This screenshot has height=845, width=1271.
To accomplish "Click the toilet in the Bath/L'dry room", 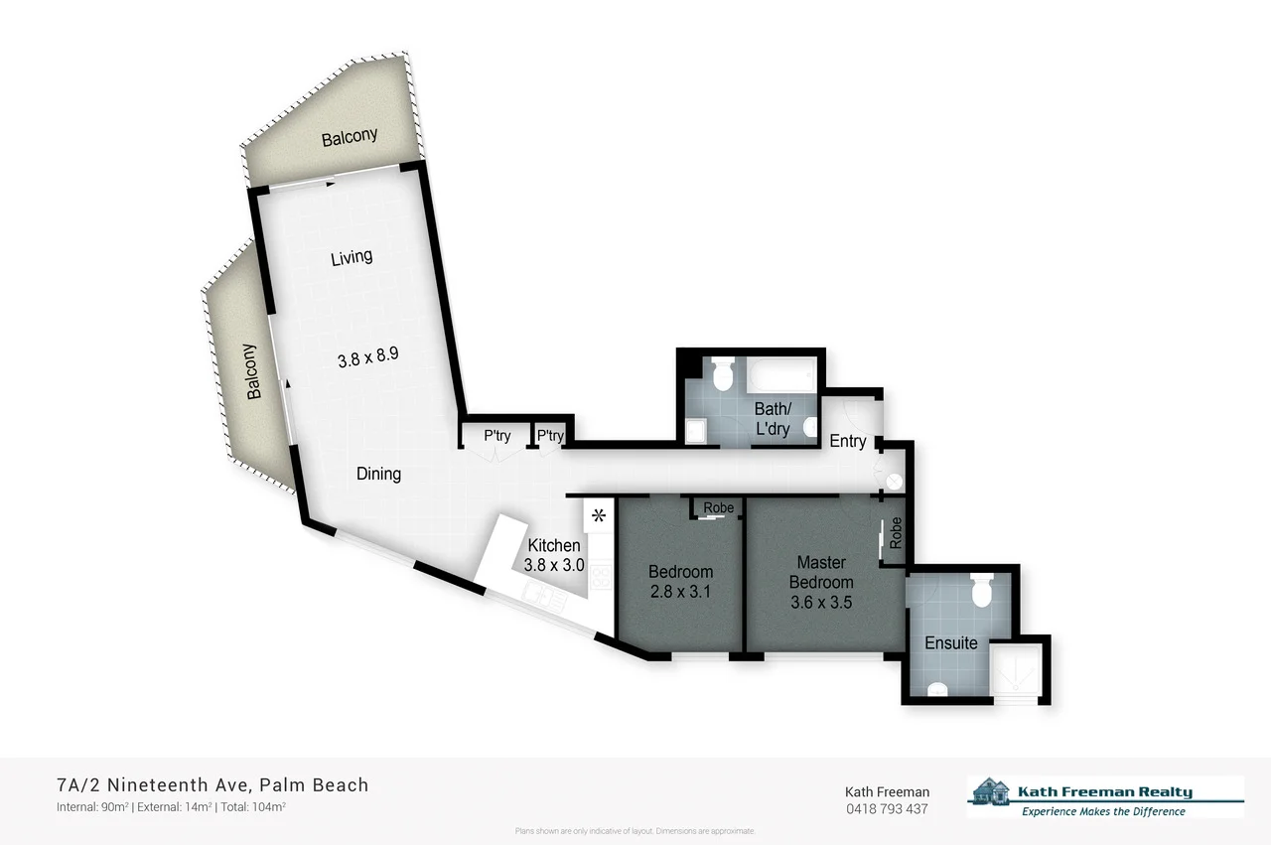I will [722, 373].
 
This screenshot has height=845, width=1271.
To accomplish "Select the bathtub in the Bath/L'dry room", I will [783, 377].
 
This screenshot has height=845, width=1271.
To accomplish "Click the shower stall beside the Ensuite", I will [1014, 670].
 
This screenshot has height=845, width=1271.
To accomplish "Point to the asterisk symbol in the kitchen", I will [598, 515].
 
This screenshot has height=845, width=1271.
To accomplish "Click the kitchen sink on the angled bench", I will [540, 595].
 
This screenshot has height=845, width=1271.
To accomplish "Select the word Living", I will [352, 257].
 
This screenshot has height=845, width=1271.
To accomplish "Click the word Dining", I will [378, 474].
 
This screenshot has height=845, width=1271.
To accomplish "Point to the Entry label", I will [847, 441].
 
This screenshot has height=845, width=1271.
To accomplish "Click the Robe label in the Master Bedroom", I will [896, 533].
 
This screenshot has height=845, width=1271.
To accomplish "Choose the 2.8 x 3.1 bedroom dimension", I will [680, 593].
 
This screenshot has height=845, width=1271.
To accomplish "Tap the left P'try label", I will [496, 436].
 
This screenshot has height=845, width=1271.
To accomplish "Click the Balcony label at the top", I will [350, 137].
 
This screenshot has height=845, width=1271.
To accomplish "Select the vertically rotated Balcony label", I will [251, 371].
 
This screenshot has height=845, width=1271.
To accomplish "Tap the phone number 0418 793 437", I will [886, 808].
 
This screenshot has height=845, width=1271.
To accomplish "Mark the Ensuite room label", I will [950, 642].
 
